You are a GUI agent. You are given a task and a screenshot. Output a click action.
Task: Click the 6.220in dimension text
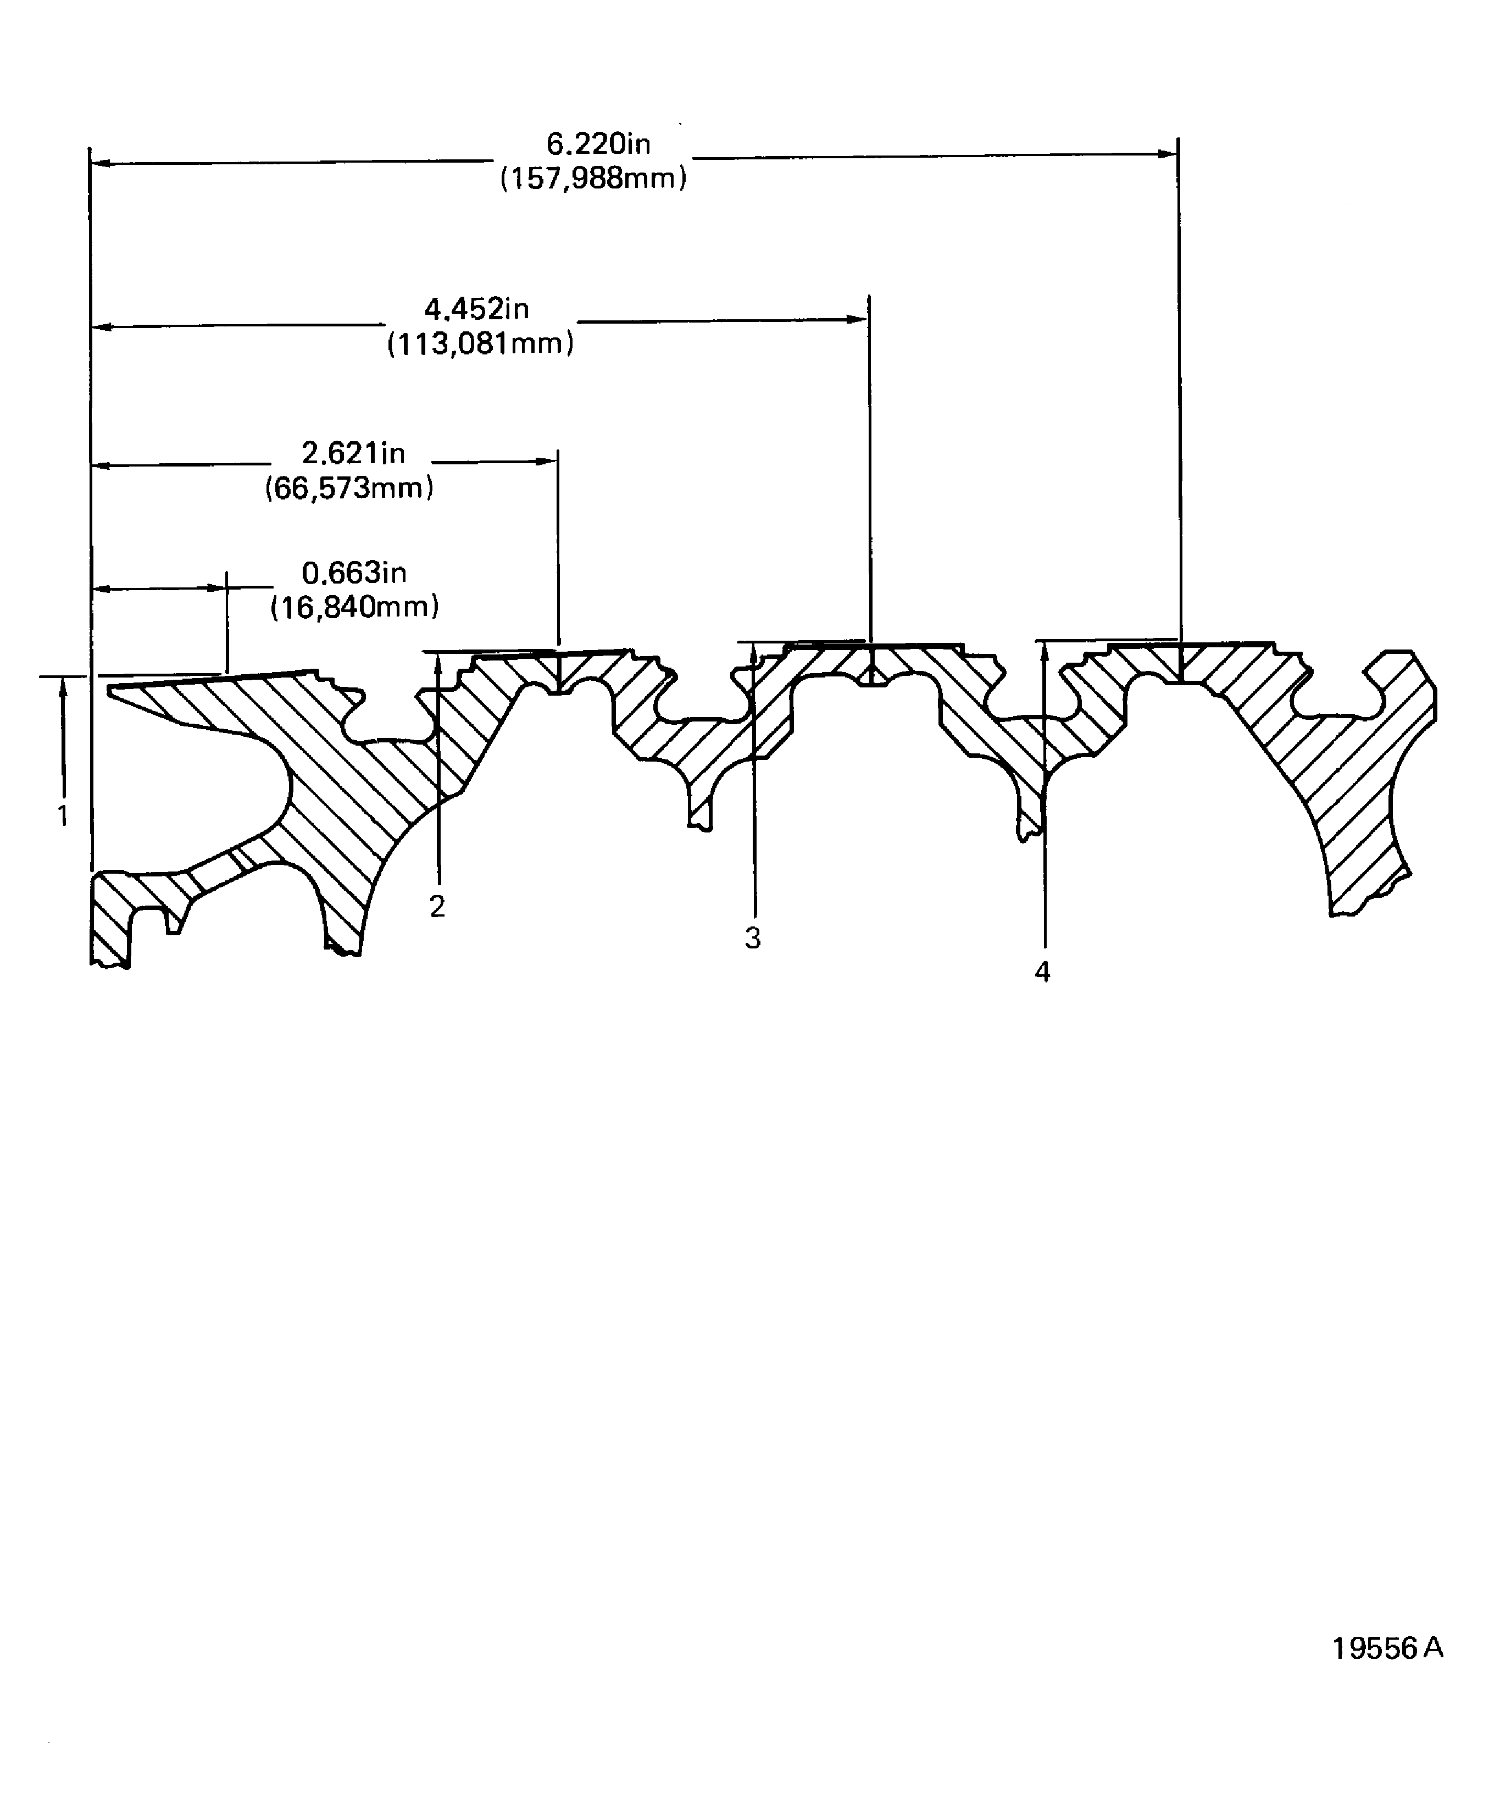598,143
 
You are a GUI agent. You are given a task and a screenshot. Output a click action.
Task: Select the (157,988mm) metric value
593,179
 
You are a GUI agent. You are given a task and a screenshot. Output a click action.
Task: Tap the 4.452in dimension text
476,308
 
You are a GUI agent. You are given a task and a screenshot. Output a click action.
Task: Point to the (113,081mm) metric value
480,343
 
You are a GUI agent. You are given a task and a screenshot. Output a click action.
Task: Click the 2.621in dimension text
353,453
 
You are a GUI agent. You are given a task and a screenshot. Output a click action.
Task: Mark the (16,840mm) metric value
354,607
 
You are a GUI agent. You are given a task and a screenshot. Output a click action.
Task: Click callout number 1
62,816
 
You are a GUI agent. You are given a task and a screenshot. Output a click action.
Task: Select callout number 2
437,907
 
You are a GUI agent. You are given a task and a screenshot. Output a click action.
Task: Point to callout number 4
1042,972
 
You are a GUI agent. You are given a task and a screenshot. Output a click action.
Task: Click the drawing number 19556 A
1387,1648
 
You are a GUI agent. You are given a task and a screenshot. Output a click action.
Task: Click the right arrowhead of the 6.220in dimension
1168,154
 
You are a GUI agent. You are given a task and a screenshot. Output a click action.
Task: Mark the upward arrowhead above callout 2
438,663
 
